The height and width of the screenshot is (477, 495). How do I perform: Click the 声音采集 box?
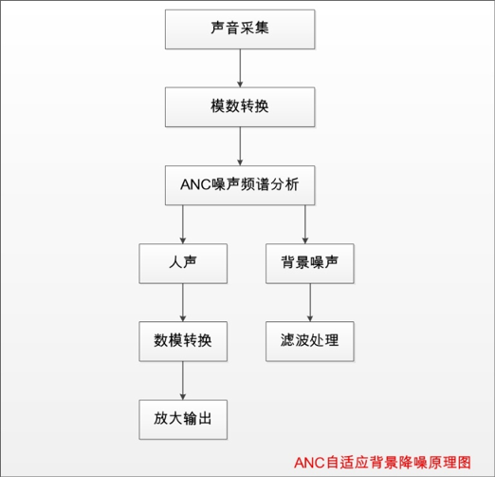pos(240,29)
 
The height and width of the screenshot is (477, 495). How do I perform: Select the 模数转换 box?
pos(240,107)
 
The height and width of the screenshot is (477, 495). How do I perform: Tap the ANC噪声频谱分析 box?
pos(240,185)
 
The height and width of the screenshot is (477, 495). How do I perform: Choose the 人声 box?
pos(183,263)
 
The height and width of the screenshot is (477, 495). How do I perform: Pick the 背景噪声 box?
pos(310,263)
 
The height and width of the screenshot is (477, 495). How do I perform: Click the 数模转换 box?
pos(183,341)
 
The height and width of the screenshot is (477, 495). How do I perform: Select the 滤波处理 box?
pos(310,341)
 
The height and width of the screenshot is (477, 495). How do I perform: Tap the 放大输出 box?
pos(183,419)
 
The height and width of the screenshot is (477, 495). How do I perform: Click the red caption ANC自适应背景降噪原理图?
pos(382,463)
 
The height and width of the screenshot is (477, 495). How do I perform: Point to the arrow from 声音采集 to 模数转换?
pos(240,68)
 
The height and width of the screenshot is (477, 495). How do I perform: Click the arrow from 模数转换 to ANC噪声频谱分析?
pos(240,146)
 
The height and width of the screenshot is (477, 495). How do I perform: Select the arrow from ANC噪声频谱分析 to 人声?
pos(183,224)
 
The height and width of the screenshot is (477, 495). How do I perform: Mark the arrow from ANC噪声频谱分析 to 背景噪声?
pos(305,224)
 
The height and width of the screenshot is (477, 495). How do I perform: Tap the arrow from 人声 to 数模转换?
pos(183,302)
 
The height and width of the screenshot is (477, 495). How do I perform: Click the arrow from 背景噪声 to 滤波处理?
pos(310,302)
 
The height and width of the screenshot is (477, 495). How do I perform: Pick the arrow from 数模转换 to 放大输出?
pos(183,380)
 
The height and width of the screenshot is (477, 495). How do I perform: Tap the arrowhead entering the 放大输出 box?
pos(183,397)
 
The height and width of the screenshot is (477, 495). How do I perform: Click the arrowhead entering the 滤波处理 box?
pos(310,318)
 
